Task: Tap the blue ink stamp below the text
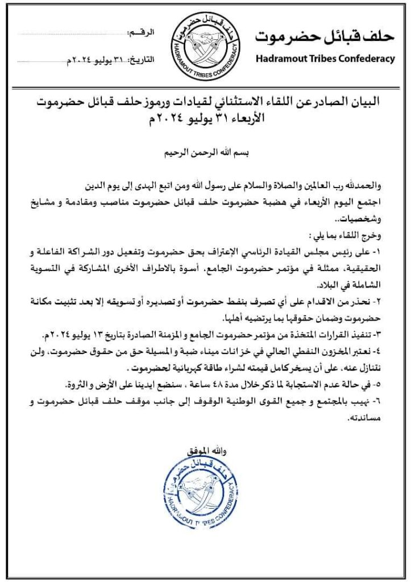tap(205, 492)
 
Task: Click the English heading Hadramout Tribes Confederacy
tap(325, 58)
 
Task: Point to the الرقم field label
tap(143, 35)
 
